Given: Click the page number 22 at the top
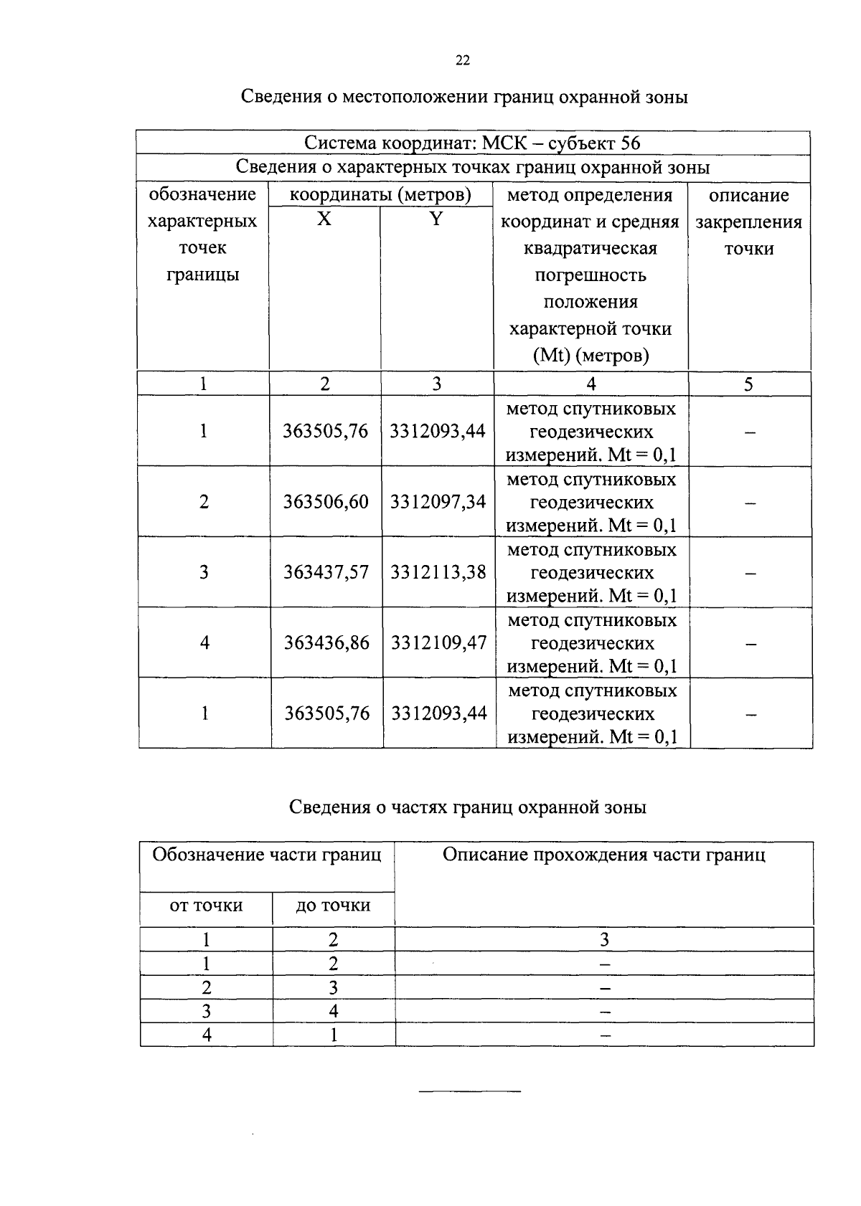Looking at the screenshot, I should (x=463, y=61).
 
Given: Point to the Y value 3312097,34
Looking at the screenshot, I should (x=438, y=501).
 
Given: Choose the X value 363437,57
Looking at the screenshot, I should (x=326, y=572).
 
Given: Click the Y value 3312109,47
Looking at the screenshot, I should (x=438, y=642).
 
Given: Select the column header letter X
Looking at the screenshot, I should (x=324, y=219).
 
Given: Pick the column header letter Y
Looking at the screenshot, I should (x=436, y=219).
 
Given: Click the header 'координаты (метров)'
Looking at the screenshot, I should (x=380, y=194).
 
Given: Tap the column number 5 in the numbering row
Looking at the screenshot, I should (x=748, y=384).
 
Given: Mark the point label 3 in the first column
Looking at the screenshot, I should (x=204, y=572).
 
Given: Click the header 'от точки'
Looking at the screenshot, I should (x=206, y=906).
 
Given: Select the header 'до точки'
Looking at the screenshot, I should (x=333, y=906).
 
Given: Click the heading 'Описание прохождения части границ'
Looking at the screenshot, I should (x=603, y=855).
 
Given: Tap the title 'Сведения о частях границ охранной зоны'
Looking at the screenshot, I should (x=467, y=807).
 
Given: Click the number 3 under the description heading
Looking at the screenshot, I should (x=604, y=939).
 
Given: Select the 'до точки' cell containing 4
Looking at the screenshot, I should (x=333, y=1011).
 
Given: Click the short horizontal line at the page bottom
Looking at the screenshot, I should (x=469, y=1091).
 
